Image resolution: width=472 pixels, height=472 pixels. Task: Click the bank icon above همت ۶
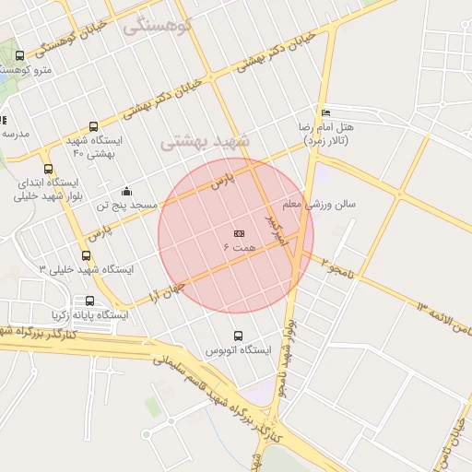coord(239,233)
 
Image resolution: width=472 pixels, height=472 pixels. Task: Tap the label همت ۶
coord(239,248)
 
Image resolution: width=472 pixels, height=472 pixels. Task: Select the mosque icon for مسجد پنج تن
coord(126,191)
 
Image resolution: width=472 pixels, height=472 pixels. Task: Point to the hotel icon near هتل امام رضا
coord(325,112)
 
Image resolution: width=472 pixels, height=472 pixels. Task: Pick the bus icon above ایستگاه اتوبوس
coord(239,336)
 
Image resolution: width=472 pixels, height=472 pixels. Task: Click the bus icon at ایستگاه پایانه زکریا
coord(89,301)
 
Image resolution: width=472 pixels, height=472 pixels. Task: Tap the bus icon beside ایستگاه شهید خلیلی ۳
coord(87,256)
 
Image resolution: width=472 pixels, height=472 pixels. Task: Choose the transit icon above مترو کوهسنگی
coord(20,56)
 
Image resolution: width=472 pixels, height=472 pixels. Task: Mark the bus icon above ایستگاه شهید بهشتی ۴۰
coord(93,126)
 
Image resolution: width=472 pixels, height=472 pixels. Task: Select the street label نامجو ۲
coord(338,266)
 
